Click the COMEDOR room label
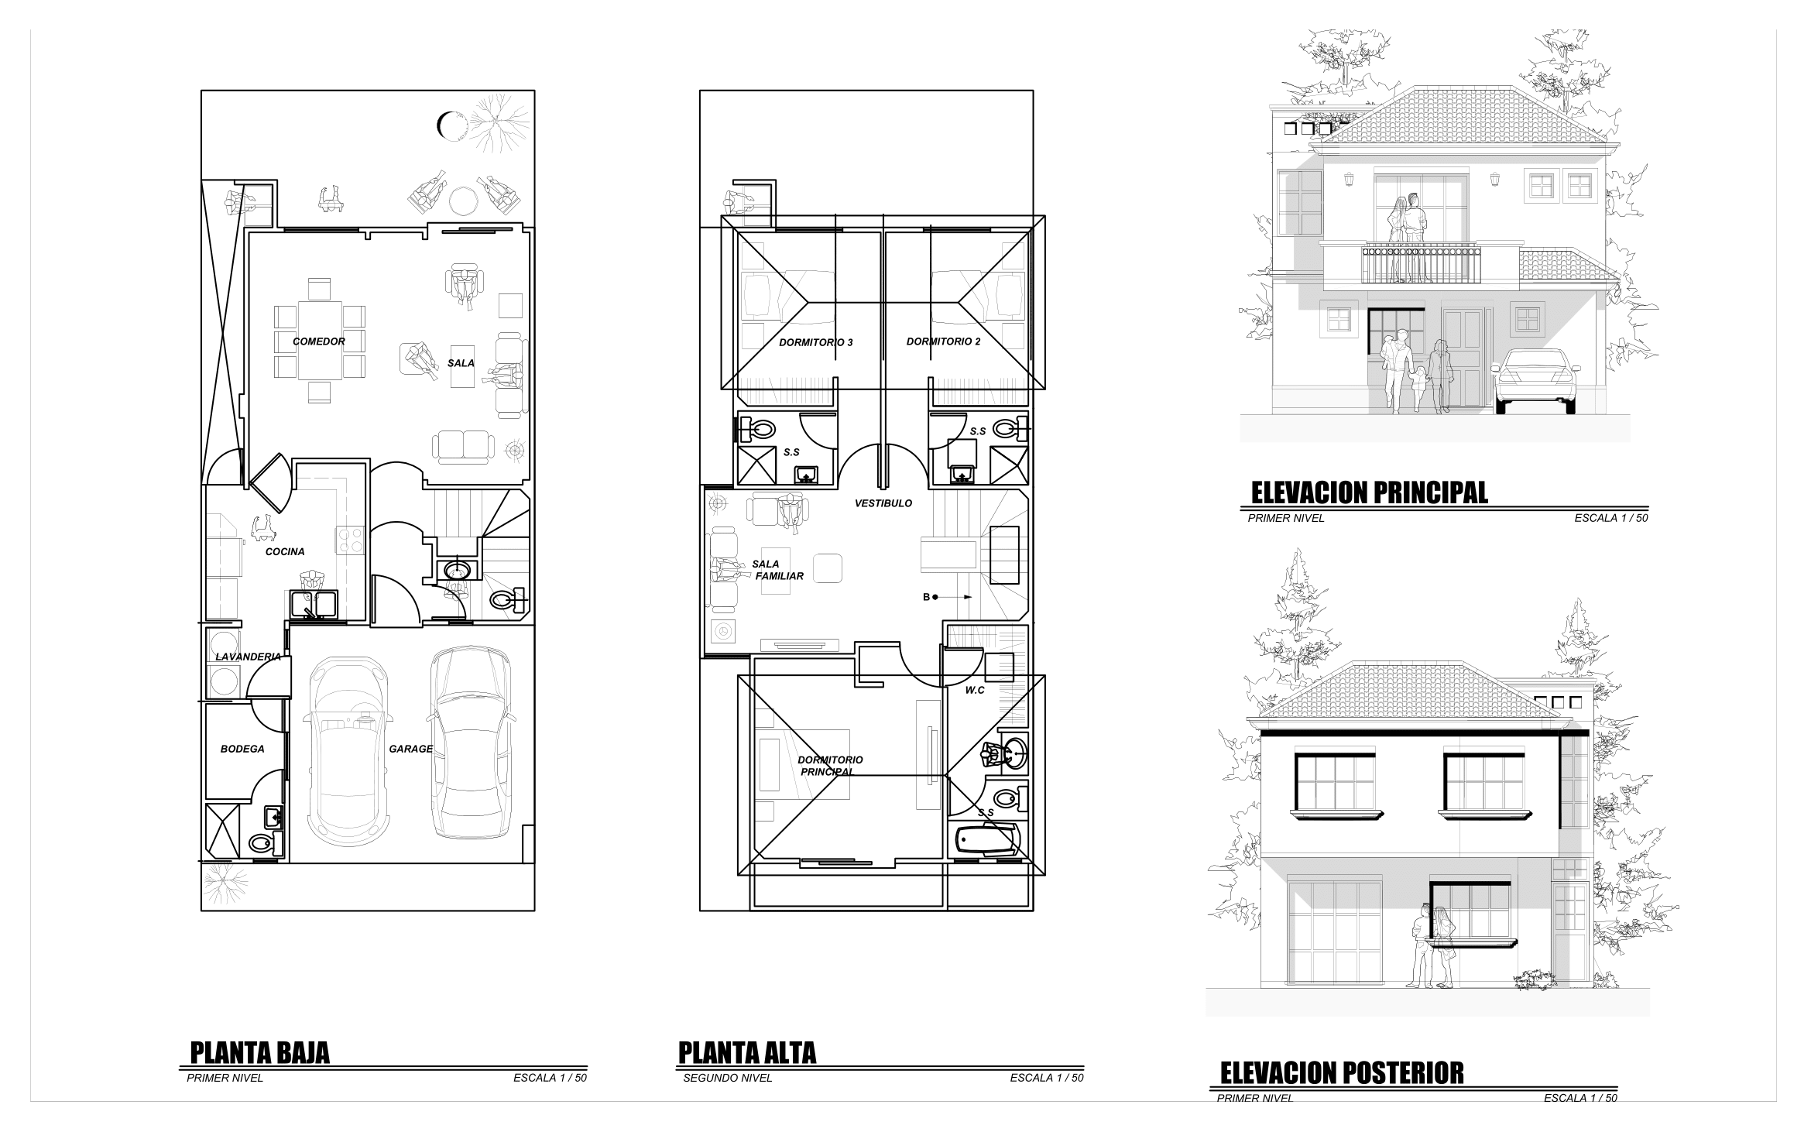point(318,341)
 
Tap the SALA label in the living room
point(461,363)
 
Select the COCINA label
point(285,552)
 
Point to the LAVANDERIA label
point(248,657)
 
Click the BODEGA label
point(242,749)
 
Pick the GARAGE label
point(410,749)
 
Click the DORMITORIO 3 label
point(816,342)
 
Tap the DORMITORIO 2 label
point(943,341)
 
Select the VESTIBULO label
point(883,503)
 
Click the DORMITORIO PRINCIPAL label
point(830,766)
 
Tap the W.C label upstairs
point(975,690)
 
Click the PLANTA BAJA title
point(259,1053)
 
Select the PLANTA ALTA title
point(747,1053)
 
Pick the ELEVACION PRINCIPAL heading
point(1370,492)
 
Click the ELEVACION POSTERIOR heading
point(1342,1073)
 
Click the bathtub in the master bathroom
point(986,840)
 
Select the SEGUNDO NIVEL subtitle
point(728,1078)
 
